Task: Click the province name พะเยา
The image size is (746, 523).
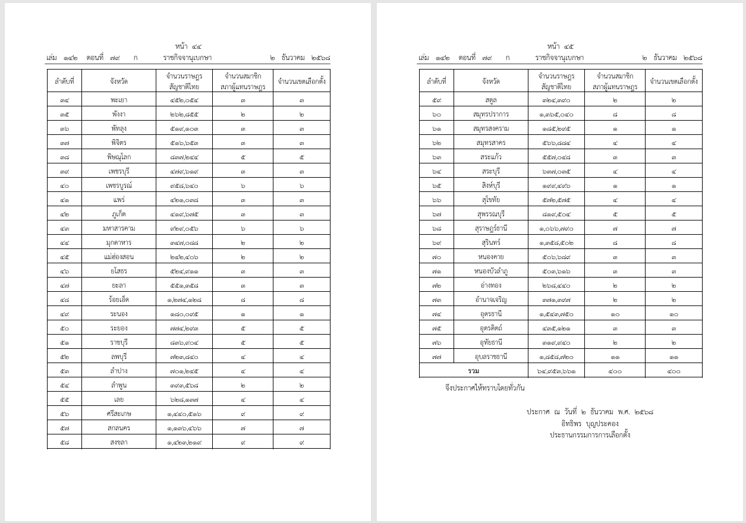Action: pyautogui.click(x=119, y=100)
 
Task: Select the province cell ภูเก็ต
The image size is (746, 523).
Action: pyautogui.click(x=119, y=214)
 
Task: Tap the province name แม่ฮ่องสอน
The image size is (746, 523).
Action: pyautogui.click(x=119, y=257)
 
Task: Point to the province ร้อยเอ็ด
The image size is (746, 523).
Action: pyautogui.click(x=119, y=300)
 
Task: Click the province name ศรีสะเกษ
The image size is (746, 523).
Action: pyautogui.click(x=119, y=414)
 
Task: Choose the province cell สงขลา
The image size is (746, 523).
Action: pyautogui.click(x=119, y=442)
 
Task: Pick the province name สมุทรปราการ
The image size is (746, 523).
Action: pyautogui.click(x=491, y=114)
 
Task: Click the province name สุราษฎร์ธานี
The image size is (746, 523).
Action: pyautogui.click(x=491, y=228)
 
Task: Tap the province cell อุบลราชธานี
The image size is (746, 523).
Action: pyautogui.click(x=491, y=357)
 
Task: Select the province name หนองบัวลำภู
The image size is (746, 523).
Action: pyautogui.click(x=491, y=271)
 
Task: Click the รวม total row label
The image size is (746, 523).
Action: pyautogui.click(x=473, y=371)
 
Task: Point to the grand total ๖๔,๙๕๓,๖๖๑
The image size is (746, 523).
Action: pyautogui.click(x=556, y=371)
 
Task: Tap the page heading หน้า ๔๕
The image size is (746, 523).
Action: pyautogui.click(x=561, y=46)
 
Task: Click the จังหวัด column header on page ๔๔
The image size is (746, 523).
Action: pyautogui.click(x=119, y=81)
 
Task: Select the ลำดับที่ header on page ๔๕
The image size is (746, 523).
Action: pyautogui.click(x=437, y=81)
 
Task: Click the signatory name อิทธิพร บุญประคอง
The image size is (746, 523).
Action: pyautogui.click(x=590, y=424)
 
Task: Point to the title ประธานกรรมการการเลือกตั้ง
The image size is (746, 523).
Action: pyautogui.click(x=590, y=434)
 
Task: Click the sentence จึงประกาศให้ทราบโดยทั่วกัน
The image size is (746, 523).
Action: pyautogui.click(x=485, y=388)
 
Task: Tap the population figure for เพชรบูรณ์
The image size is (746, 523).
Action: pyautogui.click(x=184, y=185)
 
